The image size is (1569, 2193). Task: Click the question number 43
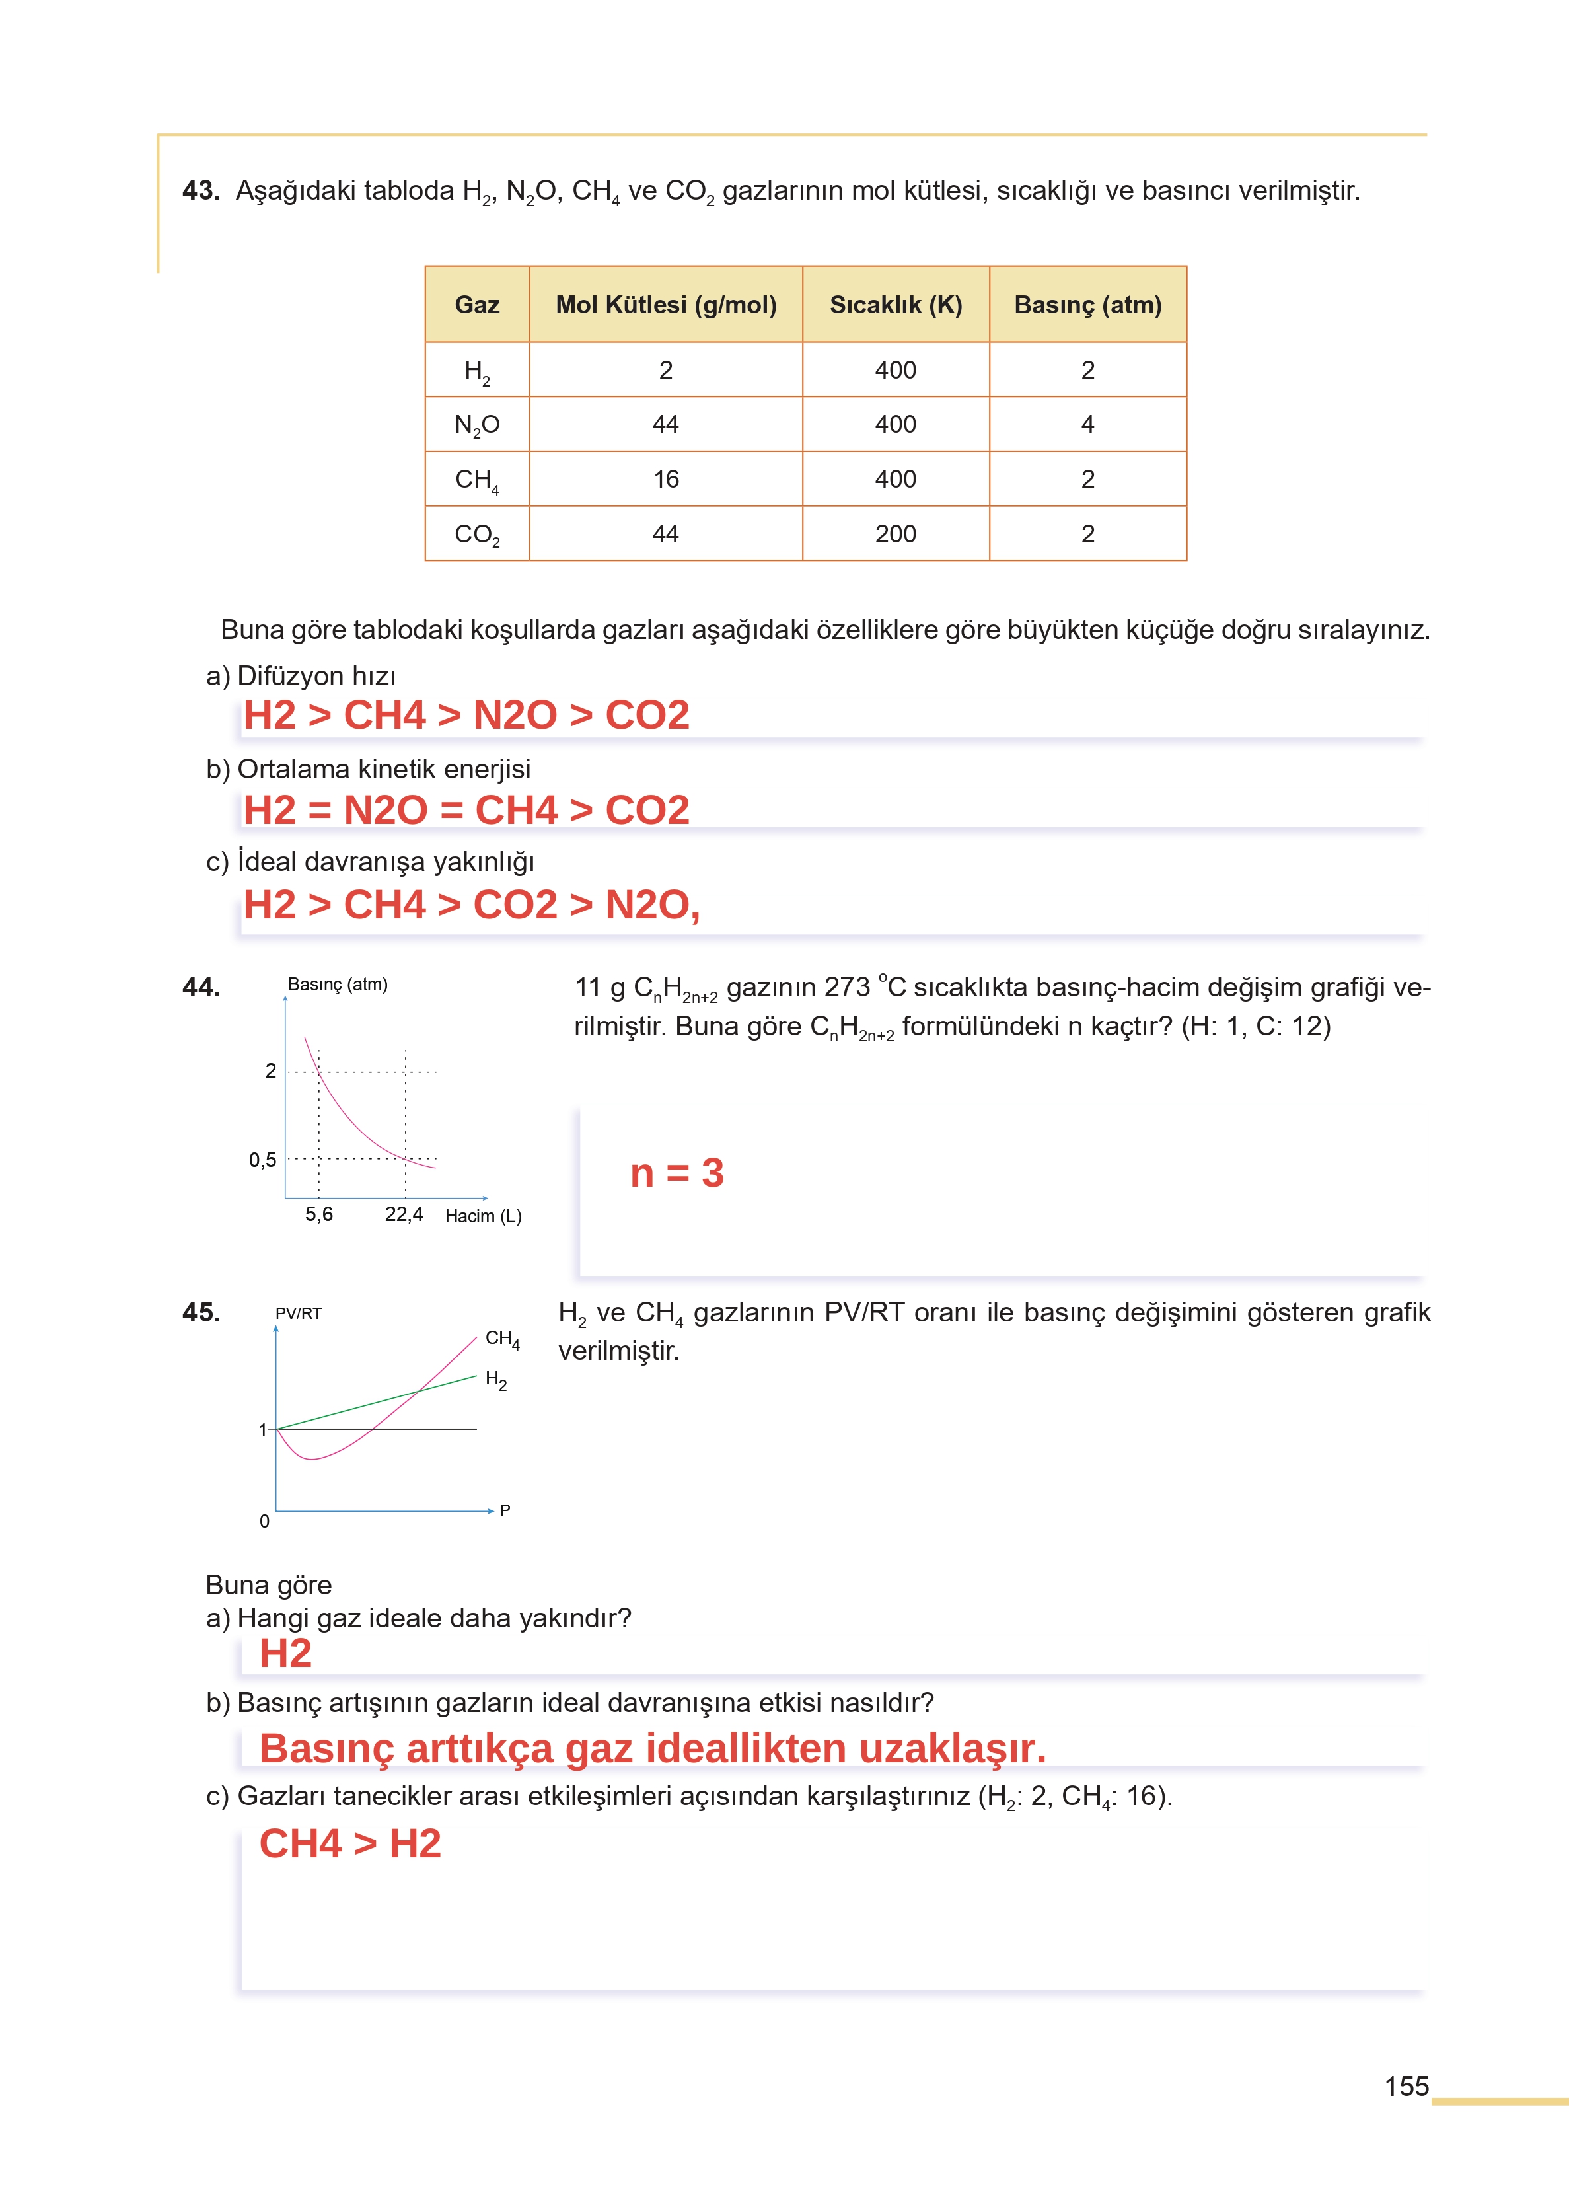pos(201,190)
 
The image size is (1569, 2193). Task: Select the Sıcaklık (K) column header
pos(896,305)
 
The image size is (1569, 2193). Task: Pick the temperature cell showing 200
pos(896,535)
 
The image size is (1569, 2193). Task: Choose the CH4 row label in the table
pos(476,480)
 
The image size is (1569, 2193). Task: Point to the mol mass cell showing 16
pos(666,479)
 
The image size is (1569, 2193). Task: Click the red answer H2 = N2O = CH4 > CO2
pos(466,809)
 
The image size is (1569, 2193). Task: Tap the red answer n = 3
pos(676,1173)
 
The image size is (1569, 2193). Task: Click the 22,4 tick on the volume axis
pos(404,1214)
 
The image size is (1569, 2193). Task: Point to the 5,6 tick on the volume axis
pos(319,1214)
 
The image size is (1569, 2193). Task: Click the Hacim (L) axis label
pos(483,1216)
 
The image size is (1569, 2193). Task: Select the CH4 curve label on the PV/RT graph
pos(501,1339)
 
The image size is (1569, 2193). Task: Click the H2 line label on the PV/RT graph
pos(495,1380)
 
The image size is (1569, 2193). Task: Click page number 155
pos(1406,2086)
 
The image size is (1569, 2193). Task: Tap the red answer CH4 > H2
pos(349,1843)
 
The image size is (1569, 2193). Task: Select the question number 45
pos(201,1312)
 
